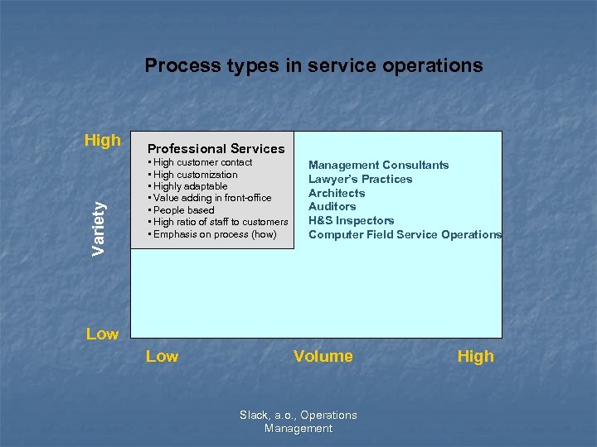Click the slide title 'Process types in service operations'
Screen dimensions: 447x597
(x=313, y=65)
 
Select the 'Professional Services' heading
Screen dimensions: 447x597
(x=216, y=149)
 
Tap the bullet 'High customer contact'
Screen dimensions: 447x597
(x=202, y=163)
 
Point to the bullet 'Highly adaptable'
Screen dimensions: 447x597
(x=190, y=186)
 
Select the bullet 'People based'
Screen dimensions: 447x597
(x=183, y=210)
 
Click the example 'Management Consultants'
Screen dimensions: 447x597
(x=378, y=165)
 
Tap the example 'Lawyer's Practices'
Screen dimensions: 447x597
(x=360, y=179)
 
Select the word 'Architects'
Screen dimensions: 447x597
(x=337, y=193)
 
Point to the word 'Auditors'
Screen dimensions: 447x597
(x=332, y=206)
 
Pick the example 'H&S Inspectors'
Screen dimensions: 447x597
(x=351, y=220)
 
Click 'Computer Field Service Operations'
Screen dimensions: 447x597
(x=405, y=234)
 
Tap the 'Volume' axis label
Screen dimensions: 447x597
(x=323, y=356)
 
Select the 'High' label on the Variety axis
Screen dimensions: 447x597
(x=103, y=140)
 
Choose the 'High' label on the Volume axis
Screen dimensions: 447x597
(x=475, y=356)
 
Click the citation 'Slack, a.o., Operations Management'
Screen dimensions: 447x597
(x=298, y=421)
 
